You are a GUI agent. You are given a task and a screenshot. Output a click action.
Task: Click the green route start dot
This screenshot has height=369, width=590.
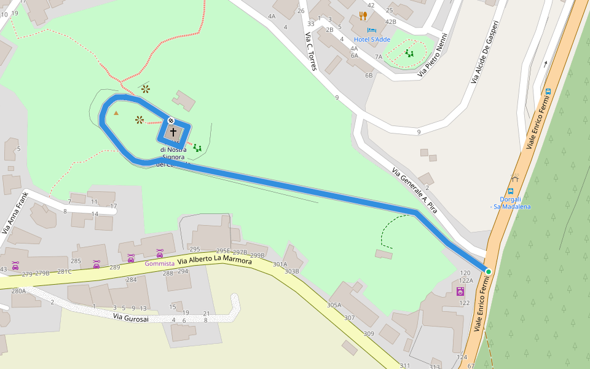coord(489,271)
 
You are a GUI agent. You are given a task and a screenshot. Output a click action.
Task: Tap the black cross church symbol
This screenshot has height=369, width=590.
coord(173,132)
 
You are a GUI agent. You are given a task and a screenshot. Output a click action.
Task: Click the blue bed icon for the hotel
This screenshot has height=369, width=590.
coord(371,30)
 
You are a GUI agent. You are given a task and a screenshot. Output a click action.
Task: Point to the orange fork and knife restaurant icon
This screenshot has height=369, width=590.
coord(363,16)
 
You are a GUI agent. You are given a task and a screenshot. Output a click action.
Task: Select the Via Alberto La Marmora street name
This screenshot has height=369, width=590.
coord(215,260)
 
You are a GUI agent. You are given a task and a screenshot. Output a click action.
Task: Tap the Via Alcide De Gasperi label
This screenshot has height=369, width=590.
coord(484,52)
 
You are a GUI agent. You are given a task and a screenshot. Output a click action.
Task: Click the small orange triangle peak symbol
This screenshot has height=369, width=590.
coord(116,113)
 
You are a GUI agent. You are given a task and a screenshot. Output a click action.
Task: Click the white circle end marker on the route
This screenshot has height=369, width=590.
coord(171,121)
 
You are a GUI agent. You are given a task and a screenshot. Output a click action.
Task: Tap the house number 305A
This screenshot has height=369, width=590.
coord(334,305)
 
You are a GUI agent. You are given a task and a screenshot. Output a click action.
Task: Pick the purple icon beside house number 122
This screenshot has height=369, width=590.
coord(460,292)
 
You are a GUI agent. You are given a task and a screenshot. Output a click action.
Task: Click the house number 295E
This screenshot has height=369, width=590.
coord(222,251)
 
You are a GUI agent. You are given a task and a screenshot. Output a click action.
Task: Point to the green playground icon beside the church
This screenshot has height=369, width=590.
coord(197,148)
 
